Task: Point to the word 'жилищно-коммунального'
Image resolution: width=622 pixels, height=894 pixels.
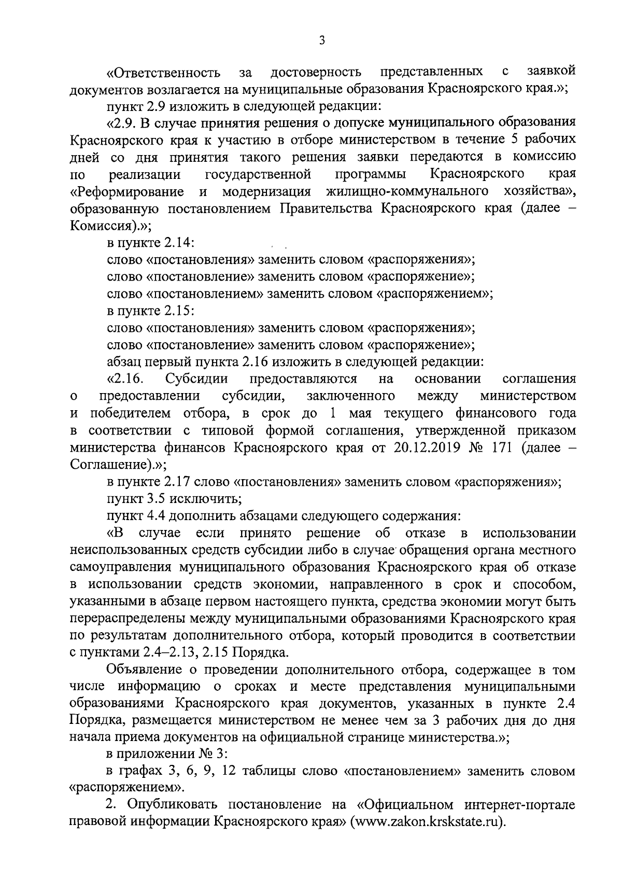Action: click(407, 191)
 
